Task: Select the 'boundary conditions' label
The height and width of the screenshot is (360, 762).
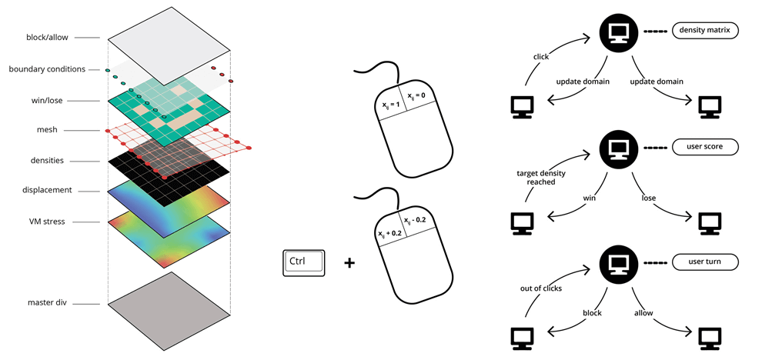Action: [47, 69]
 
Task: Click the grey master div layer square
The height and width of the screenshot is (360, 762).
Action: [169, 304]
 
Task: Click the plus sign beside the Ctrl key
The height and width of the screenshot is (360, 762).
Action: [349, 263]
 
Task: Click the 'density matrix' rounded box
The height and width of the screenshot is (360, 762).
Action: [705, 31]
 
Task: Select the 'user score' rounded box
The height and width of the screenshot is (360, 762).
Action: [705, 146]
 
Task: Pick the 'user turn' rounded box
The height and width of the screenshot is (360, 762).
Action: [705, 262]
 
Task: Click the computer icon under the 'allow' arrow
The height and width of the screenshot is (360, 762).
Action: [708, 338]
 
